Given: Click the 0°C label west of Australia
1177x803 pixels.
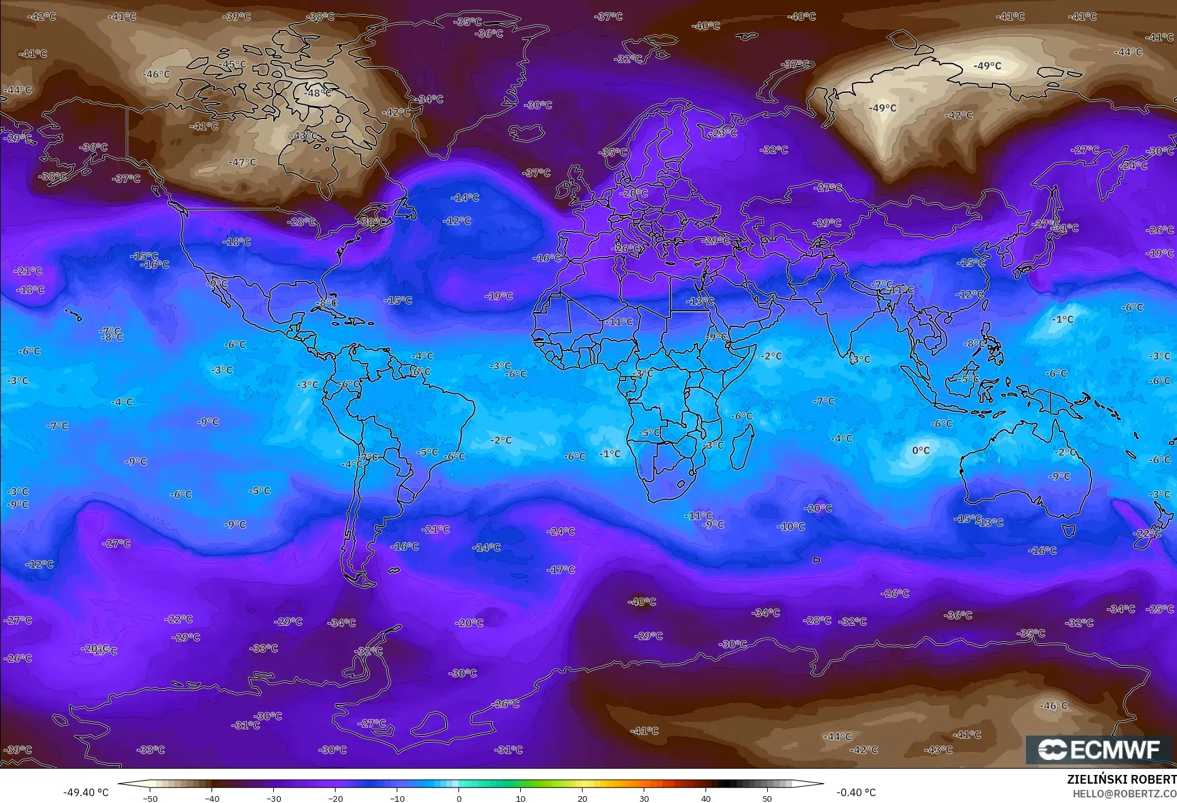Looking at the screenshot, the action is [921, 450].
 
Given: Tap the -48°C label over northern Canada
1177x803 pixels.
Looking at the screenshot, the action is [318, 93].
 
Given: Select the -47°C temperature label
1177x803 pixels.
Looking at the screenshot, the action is [242, 162].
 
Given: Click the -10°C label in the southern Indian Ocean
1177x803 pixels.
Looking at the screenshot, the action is [791, 527].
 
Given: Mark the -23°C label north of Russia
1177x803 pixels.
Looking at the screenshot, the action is [723, 133].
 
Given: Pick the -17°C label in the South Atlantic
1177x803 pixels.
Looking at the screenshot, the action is [561, 570].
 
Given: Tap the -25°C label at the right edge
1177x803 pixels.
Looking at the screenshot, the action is [1160, 609].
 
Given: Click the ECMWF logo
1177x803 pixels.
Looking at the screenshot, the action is [1099, 750].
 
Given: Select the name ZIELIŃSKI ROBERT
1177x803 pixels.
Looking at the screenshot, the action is [1121, 779].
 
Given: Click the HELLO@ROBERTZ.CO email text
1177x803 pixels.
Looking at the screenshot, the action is [1124, 794].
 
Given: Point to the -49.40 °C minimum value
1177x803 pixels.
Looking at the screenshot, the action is [85, 792].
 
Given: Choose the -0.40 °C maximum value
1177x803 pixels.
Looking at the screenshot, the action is [856, 792].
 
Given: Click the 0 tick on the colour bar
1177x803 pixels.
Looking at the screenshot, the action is [458, 798].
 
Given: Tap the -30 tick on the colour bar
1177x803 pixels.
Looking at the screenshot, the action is [274, 798].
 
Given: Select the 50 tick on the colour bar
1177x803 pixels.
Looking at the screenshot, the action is [767, 798].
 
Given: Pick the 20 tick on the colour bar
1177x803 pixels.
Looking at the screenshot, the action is [582, 798].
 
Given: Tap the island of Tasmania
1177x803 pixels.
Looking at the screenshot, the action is [1068, 531].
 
